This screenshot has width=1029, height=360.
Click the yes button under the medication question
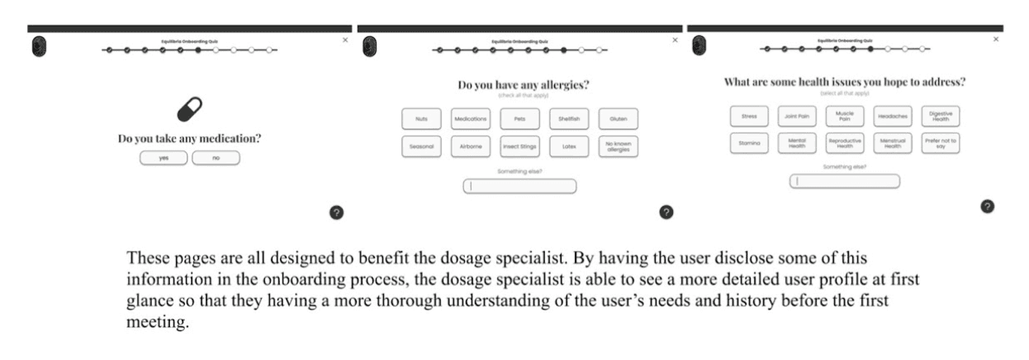(164, 158)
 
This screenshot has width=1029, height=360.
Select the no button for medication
(216, 158)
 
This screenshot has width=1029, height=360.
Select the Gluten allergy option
(618, 119)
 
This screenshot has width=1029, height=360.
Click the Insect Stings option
(519, 147)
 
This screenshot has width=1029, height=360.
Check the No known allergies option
(618, 147)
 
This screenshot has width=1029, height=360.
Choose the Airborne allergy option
(471, 147)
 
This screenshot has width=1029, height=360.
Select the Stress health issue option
(750, 116)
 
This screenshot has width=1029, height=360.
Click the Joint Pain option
(798, 116)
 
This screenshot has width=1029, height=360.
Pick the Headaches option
(893, 116)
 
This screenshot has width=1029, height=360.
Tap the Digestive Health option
(940, 116)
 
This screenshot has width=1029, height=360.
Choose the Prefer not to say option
(940, 143)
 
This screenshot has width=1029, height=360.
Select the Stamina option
(750, 143)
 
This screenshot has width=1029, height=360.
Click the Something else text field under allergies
(519, 187)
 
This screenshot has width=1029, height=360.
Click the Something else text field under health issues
(845, 181)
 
